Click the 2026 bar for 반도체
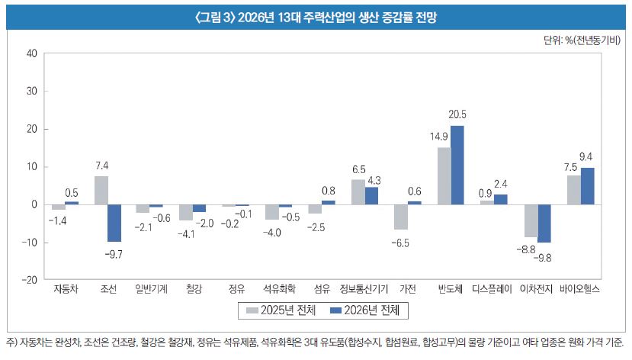click(x=457, y=166)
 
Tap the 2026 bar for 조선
click(x=114, y=223)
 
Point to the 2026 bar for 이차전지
click(x=544, y=223)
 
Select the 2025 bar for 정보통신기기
click(x=358, y=192)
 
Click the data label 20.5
click(x=457, y=114)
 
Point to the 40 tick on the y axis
click(x=31, y=53)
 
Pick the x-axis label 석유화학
click(x=279, y=290)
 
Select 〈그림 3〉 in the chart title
click(x=216, y=17)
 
